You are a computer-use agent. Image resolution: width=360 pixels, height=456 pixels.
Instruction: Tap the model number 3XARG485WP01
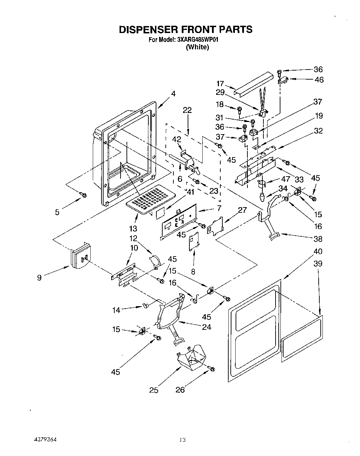[198, 40]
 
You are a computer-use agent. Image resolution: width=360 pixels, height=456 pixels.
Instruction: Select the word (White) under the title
[197, 47]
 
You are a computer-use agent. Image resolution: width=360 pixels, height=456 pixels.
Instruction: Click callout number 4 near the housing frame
[173, 93]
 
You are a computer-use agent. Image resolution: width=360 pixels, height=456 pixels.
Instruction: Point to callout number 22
[187, 111]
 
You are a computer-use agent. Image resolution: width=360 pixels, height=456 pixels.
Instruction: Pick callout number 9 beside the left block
[39, 277]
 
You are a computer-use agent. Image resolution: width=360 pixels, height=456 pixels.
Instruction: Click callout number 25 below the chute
[154, 390]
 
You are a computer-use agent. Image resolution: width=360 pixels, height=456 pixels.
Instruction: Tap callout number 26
[180, 390]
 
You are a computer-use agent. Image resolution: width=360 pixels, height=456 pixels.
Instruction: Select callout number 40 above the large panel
[318, 251]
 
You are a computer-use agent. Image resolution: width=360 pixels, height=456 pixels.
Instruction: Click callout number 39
[318, 263]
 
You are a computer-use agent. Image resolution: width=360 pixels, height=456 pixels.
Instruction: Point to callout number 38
[318, 239]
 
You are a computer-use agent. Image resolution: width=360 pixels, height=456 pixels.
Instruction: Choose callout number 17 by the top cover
[220, 84]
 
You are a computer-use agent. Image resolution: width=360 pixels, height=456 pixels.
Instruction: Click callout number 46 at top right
[319, 80]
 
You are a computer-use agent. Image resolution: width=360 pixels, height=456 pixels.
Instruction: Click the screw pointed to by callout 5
[83, 195]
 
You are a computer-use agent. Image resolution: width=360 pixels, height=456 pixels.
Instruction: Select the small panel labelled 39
[302, 336]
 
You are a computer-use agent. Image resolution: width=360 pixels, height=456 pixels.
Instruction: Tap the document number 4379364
[41, 440]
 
